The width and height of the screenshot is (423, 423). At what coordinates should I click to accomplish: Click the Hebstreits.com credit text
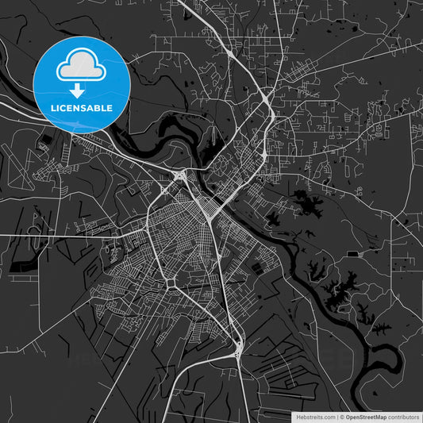click(x=315, y=416)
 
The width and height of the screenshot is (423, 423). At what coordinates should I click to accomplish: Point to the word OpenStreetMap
click(x=364, y=416)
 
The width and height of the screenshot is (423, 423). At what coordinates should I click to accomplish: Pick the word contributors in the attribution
click(x=402, y=416)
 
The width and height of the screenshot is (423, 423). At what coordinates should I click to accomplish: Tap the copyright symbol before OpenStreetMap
click(x=342, y=416)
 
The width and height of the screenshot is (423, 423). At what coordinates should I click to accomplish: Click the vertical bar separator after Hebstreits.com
click(x=336, y=416)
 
